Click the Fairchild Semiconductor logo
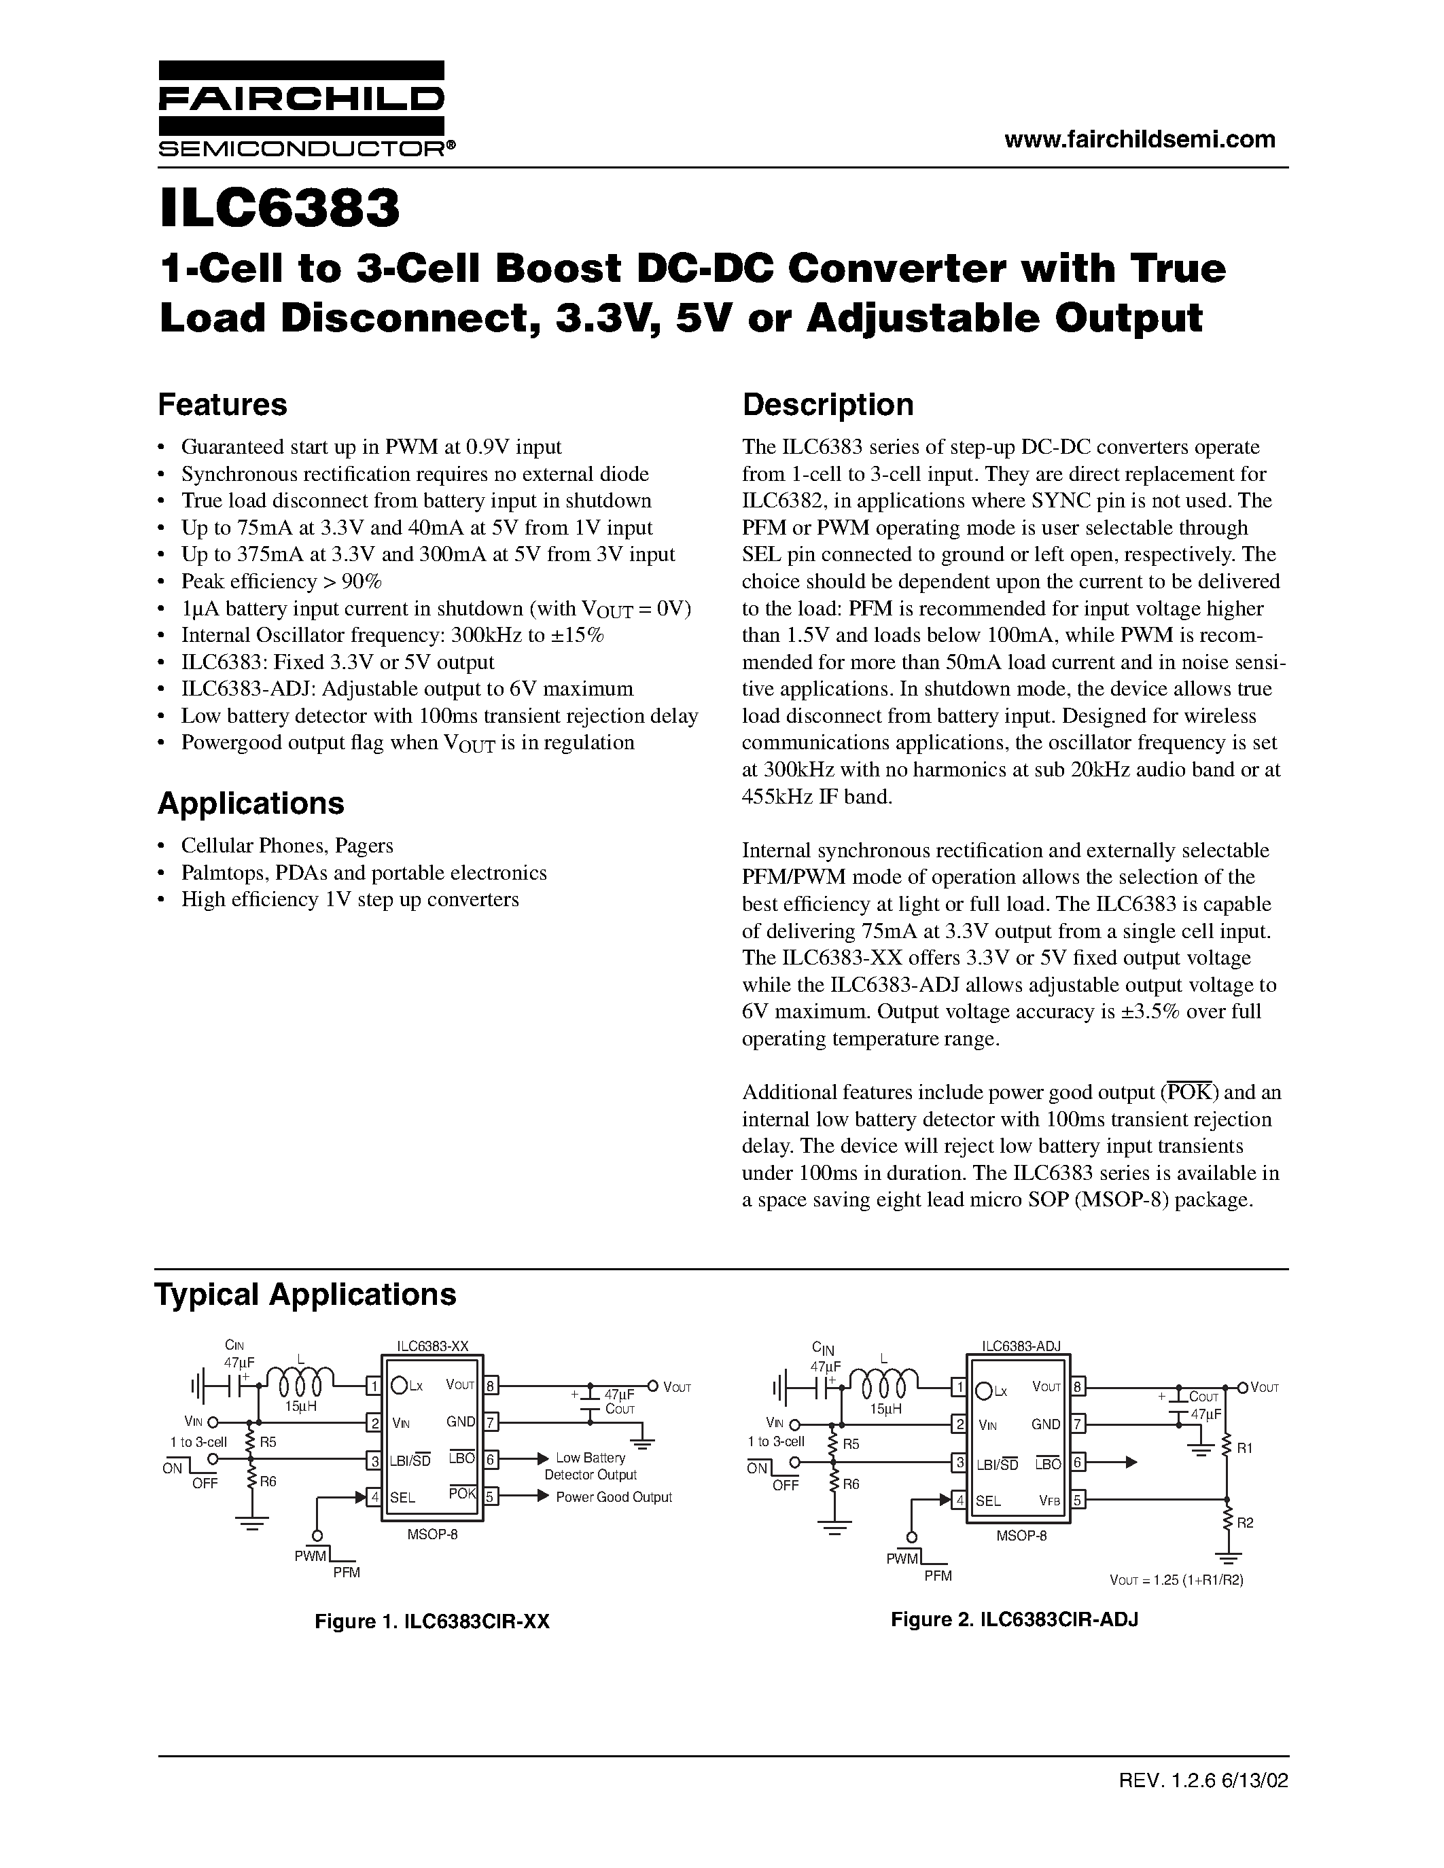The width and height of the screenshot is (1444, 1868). pos(301,109)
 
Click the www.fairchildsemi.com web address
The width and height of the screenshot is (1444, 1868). pos(1140,139)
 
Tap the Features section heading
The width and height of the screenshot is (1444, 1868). pos(222,405)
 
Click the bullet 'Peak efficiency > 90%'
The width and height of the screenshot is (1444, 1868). pos(281,581)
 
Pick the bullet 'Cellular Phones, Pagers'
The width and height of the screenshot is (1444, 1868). pos(287,846)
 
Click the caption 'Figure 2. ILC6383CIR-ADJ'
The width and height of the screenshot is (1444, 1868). pos(1015,1619)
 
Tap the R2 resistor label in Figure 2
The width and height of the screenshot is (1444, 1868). pos(1245,1522)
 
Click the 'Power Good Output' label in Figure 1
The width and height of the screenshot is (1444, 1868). pos(614,1497)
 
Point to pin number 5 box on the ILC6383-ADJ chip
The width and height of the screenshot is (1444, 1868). pos(1077,1499)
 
